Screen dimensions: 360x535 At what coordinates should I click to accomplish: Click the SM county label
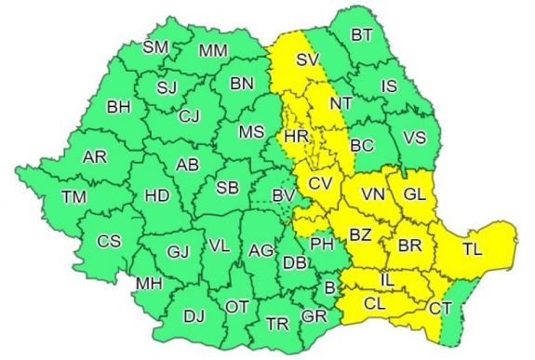click(x=155, y=47)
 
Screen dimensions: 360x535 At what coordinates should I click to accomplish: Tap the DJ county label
click(x=194, y=317)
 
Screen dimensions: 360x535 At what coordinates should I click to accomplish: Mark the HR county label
click(x=296, y=137)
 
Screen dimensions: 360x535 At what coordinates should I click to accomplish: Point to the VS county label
click(x=415, y=139)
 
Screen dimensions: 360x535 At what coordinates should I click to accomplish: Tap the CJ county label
click(x=190, y=116)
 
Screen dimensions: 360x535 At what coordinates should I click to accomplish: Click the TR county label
click(x=276, y=324)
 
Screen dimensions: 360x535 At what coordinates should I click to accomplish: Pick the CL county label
click(x=375, y=302)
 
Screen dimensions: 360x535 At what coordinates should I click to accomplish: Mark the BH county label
click(x=119, y=108)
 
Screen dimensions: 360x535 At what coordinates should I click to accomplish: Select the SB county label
click(x=227, y=188)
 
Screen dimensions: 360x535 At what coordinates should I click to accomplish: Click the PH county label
click(x=321, y=245)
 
